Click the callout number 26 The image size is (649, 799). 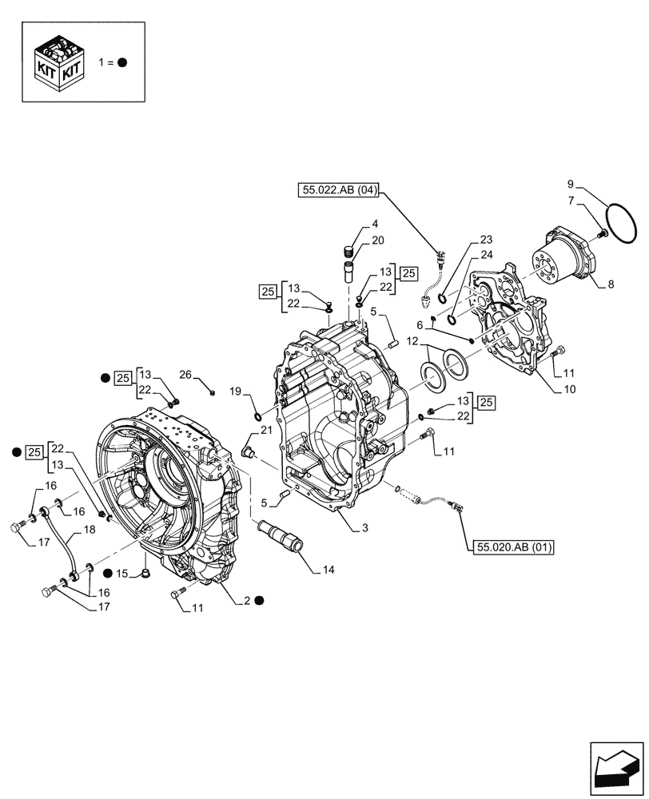185,374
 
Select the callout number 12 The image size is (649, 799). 412,341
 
